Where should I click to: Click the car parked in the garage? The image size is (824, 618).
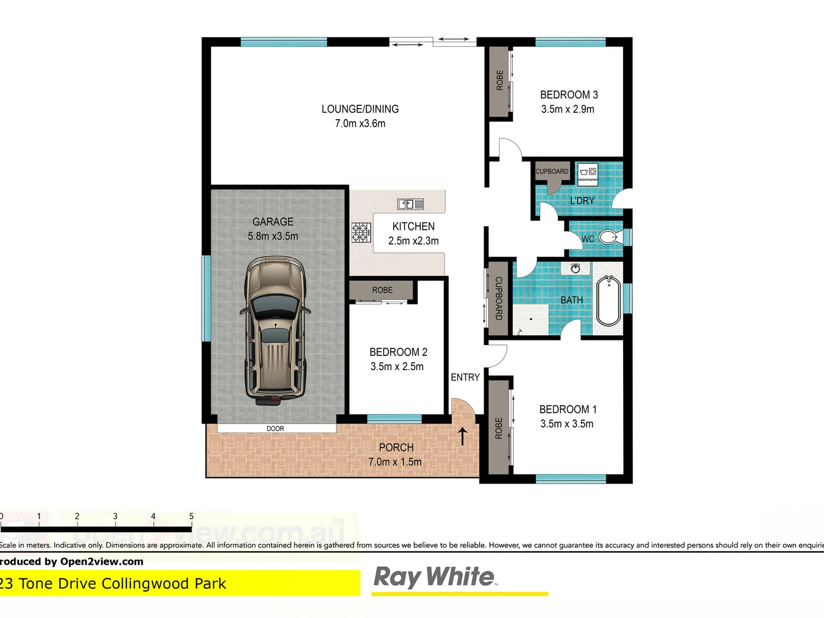275,331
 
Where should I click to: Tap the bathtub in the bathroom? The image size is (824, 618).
608,301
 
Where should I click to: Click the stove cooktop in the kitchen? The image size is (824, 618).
360,232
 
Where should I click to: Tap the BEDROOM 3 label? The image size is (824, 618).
569,95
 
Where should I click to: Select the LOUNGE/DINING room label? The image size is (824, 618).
360,109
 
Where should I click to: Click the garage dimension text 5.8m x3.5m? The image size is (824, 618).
273,236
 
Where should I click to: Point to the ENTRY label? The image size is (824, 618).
465,378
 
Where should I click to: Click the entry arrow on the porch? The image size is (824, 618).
462,436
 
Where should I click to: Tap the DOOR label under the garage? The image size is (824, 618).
275,429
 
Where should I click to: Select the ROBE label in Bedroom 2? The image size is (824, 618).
382,290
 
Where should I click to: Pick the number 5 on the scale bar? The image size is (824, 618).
191,516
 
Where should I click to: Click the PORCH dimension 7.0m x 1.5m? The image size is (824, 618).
395,462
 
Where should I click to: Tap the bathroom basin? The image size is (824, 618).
575,268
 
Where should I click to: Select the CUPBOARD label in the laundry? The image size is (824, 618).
552,171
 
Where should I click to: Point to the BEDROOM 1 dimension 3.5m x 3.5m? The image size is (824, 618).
566,424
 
